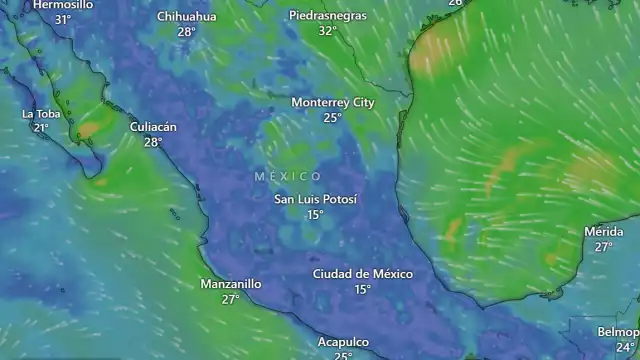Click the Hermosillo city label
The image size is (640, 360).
point(63,5)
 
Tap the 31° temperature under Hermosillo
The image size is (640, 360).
point(63,20)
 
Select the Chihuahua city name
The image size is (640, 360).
point(186,16)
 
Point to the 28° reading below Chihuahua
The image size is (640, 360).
point(186,32)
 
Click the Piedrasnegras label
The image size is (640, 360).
point(327,16)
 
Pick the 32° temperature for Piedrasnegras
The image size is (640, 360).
point(327,31)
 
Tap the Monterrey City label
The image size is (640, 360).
point(333,102)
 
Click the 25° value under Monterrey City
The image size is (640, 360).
point(333,118)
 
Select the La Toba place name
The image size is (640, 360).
point(41,113)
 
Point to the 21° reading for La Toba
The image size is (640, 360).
point(41,128)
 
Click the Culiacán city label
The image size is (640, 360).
point(153,127)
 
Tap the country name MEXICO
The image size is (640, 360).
point(288,176)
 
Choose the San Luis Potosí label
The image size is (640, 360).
point(315,199)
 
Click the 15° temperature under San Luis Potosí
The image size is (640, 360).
point(315,215)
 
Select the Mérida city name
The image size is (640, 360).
point(603,232)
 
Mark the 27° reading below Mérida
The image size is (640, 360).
point(603,247)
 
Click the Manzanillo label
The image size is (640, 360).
point(231,284)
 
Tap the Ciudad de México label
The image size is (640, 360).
point(362,274)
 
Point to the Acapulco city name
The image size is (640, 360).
point(343,342)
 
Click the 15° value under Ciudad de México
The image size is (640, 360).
point(362,290)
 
